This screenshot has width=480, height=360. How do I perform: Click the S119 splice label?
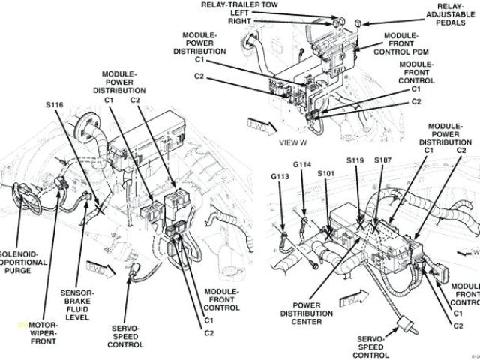pos(354,160)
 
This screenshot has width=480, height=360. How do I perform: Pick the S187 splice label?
pos(382,160)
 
